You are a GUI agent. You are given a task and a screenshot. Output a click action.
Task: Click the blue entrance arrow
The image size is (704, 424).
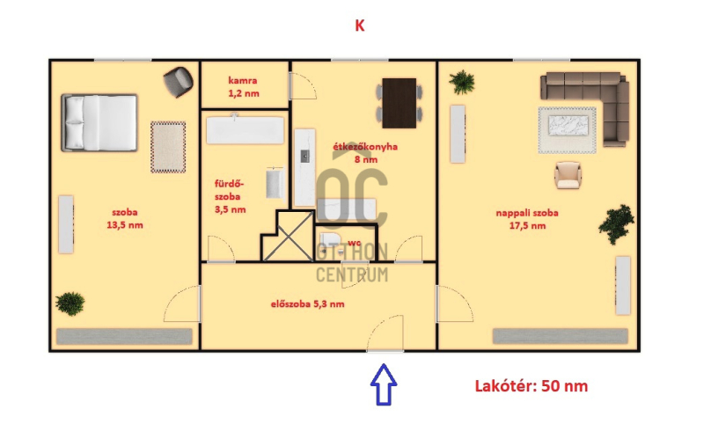pos(384,384)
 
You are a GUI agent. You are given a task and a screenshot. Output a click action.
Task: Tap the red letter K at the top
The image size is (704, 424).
pos(360,26)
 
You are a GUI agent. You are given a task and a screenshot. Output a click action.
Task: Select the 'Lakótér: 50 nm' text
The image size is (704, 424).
pos(532,386)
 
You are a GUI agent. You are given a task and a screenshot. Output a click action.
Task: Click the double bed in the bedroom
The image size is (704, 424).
pos(99,122)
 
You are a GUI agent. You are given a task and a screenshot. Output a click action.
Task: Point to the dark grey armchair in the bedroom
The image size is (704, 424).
pos(179,82)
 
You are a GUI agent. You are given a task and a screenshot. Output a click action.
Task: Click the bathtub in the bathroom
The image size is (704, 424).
pos(246,129)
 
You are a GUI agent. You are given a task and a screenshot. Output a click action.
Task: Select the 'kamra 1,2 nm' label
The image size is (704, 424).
pos(244,87)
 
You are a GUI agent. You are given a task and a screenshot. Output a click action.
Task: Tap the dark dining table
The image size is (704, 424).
pos(400,103)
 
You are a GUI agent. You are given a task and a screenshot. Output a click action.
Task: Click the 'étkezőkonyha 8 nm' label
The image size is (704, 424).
pos(365,153)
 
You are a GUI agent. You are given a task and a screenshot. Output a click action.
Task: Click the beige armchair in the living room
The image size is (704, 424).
pos(568,175)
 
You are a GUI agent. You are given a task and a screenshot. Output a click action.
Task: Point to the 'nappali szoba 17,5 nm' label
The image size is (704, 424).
pos(527,219)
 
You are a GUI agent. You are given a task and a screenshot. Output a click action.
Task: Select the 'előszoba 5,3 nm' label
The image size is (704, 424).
pos(307,303)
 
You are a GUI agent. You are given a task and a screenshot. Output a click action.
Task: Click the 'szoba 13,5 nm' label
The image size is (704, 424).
pos(125,218)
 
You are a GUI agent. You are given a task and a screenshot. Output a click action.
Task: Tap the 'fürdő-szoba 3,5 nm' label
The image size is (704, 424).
pos(230,196)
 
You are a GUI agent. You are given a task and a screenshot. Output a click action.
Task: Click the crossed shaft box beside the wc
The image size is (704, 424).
pos(288,237)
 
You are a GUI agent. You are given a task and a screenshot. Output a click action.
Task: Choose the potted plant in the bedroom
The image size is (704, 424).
pos(70,303)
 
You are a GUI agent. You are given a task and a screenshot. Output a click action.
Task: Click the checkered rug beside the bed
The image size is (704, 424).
pos(168,147)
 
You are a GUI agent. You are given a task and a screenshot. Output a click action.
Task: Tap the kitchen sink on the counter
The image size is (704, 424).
pos(304,157)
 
